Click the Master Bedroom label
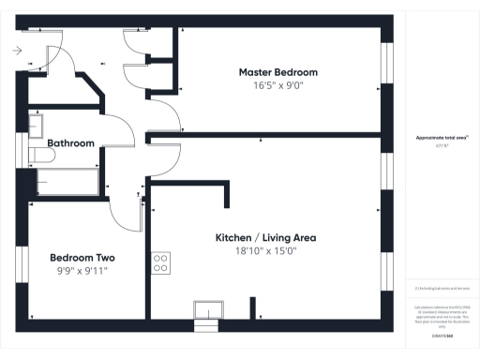pyautogui.click(x=277, y=72)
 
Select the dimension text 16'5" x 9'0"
pyautogui.click(x=277, y=85)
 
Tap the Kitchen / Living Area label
pyautogui.click(x=265, y=238)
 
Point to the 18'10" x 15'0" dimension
pyautogui.click(x=265, y=251)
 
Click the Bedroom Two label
pyautogui.click(x=82, y=257)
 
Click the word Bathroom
pyautogui.click(x=71, y=143)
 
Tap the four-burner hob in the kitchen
pyautogui.click(x=160, y=263)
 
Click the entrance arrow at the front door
pyautogui.click(x=18, y=52)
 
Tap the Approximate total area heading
pyautogui.click(x=442, y=138)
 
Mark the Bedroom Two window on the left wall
pyautogui.click(x=22, y=262)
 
